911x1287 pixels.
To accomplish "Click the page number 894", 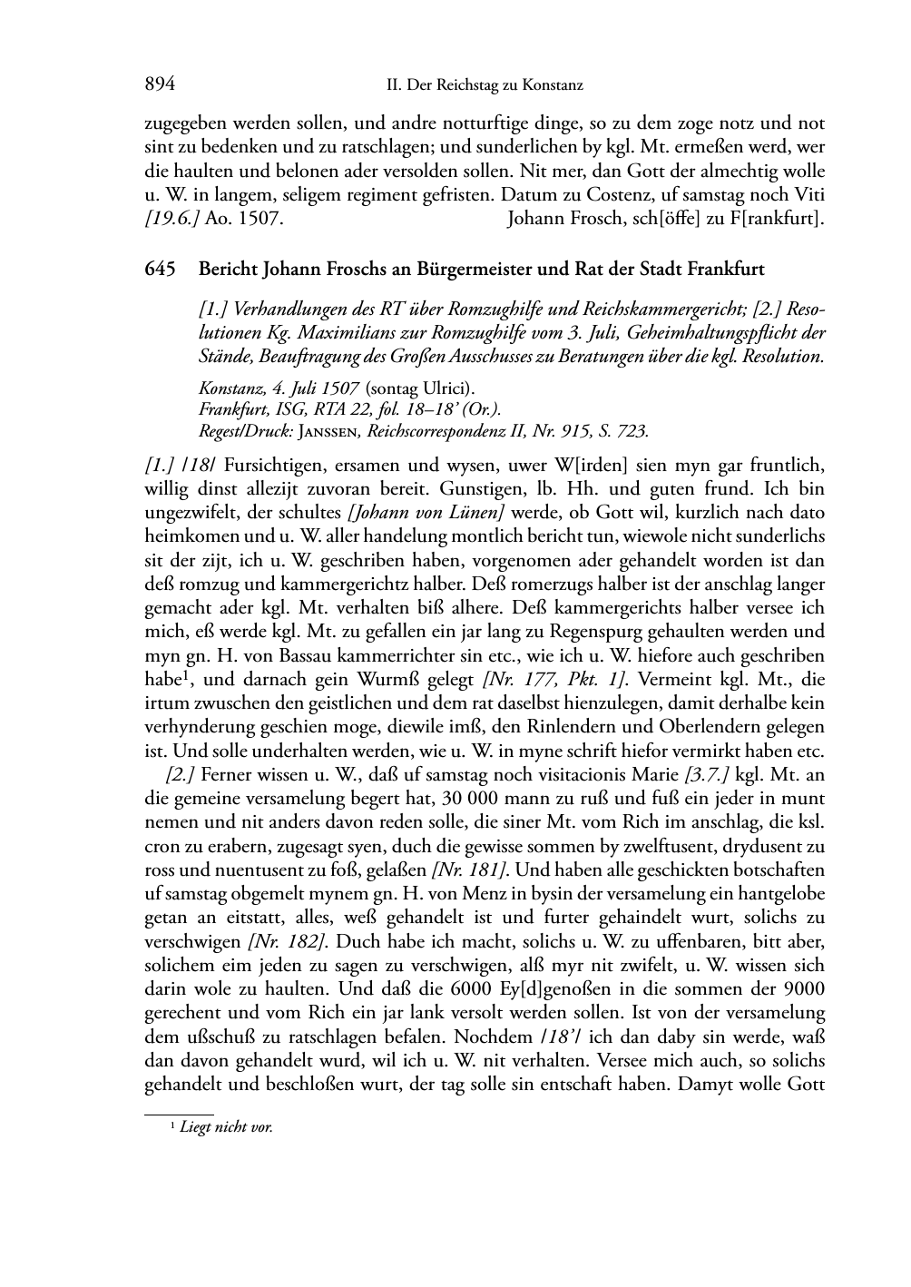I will (x=159, y=85).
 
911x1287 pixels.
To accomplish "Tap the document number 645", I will (x=159, y=270).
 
